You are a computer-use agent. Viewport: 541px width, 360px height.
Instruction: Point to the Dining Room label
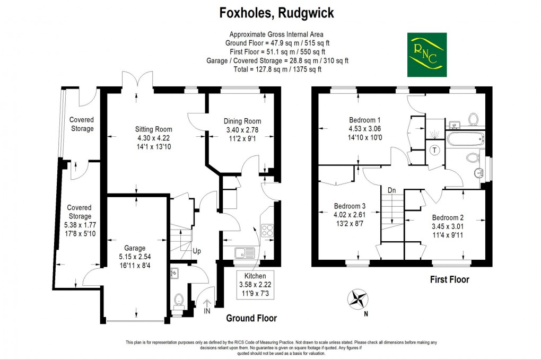(242, 121)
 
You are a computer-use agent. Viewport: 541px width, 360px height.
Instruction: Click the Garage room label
(136, 248)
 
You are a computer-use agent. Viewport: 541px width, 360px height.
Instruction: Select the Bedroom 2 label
(448, 217)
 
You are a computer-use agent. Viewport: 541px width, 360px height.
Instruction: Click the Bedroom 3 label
(350, 206)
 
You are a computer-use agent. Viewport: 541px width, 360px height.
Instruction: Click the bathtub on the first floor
(465, 141)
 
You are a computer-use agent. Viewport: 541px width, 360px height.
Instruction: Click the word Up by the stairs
(196, 251)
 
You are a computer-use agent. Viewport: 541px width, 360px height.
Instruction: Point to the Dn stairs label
(391, 189)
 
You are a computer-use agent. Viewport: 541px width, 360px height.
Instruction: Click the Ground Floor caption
(251, 318)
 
